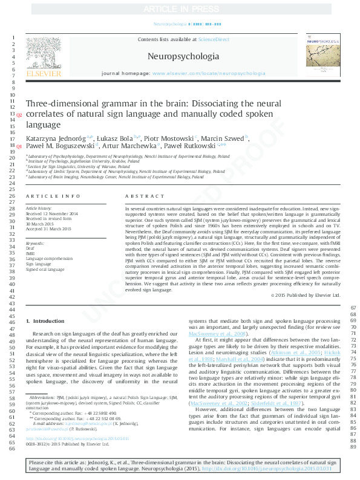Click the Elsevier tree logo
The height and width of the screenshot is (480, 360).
(x=44, y=55)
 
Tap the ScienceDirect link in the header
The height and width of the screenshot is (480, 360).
(x=214, y=39)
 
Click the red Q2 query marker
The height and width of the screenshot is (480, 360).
(x=19, y=115)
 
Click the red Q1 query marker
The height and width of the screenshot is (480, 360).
(x=19, y=147)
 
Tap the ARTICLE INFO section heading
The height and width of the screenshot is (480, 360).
(x=53, y=196)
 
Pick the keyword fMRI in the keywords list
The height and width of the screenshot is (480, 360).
(x=31, y=253)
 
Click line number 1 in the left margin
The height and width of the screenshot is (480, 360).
(x=13, y=38)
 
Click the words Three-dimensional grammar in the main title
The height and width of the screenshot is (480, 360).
(x=79, y=103)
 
